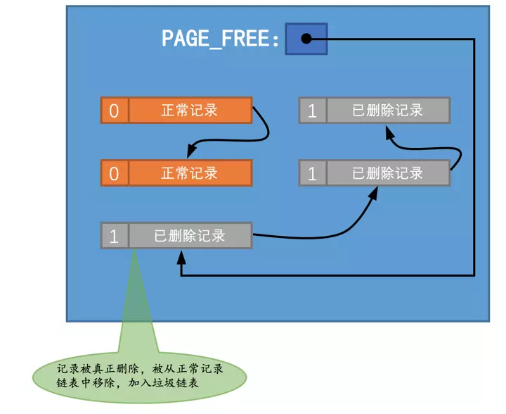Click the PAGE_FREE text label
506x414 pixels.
[221, 38]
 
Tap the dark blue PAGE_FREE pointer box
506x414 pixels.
[306, 39]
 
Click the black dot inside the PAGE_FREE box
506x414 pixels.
[306, 39]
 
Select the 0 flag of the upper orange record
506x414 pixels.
[115, 111]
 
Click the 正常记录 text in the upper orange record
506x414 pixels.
[189, 111]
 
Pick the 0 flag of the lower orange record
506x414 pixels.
[115, 172]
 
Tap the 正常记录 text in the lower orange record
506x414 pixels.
[189, 172]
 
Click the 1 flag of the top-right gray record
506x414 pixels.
[313, 111]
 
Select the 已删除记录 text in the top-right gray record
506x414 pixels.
[387, 111]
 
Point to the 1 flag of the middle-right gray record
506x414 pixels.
[313, 173]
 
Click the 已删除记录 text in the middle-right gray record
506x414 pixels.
[387, 173]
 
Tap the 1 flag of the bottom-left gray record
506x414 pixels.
[115, 236]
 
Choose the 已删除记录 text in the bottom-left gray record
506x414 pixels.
[189, 236]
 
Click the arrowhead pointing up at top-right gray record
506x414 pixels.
[389, 132]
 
